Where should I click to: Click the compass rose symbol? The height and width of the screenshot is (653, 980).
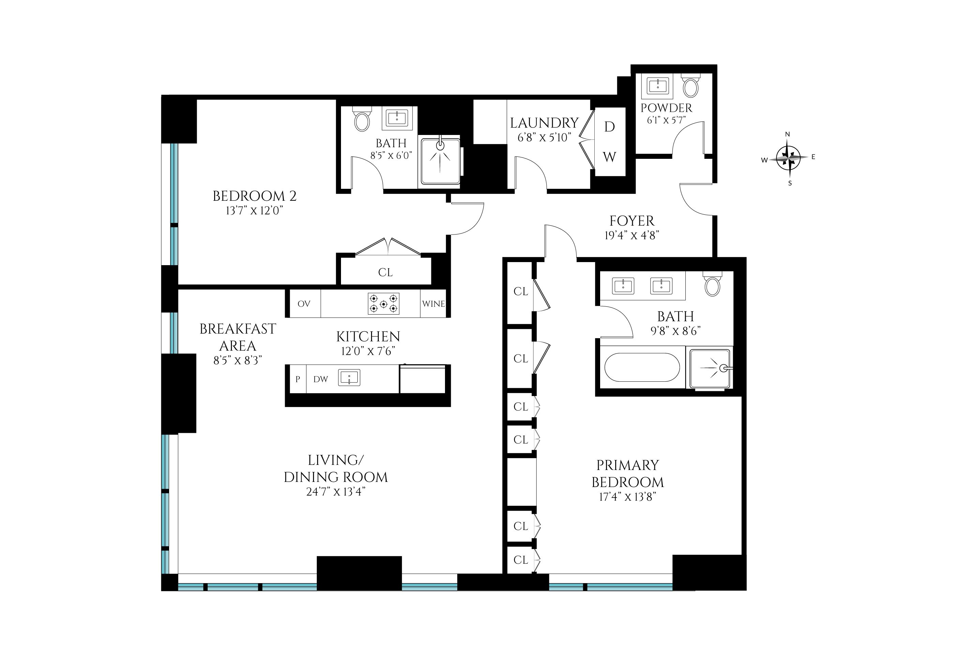pos(788,158)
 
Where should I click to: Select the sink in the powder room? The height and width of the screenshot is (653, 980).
pos(658,86)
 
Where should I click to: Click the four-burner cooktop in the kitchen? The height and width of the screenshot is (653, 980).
pos(383,304)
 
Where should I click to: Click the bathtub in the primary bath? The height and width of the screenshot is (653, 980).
pos(642,367)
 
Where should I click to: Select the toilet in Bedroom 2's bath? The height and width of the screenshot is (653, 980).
pos(362,119)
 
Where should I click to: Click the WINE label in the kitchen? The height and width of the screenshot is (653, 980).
pos(433,304)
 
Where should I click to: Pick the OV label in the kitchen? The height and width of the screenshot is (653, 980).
pos(304,304)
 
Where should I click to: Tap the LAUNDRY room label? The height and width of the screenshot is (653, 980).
pos(544,123)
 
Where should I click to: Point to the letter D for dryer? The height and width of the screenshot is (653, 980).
pos(609,126)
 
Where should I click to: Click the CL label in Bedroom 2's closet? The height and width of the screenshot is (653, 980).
pos(385,272)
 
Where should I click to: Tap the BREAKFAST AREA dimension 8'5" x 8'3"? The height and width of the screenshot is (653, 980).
pos(238,360)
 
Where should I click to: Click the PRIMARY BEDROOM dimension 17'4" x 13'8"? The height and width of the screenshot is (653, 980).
pos(627,497)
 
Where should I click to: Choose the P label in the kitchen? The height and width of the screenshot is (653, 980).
pos(297,379)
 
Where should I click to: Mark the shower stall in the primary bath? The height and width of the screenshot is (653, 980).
pos(710,368)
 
